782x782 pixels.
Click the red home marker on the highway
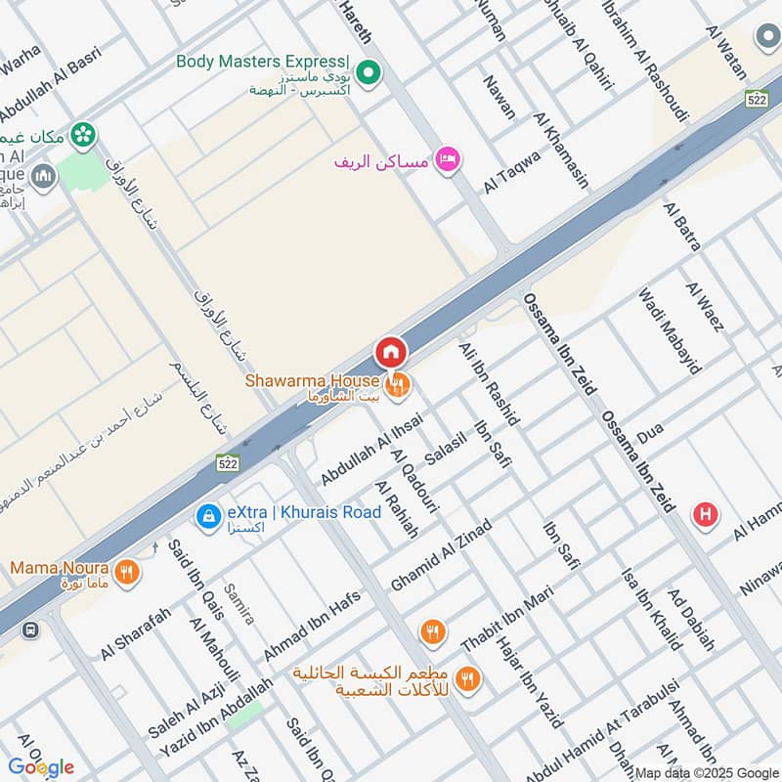(x=390, y=351)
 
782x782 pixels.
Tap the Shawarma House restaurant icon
(x=397, y=386)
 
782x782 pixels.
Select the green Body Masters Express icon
(x=369, y=71)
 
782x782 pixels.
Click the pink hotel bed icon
(x=448, y=159)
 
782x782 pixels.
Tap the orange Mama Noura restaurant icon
(x=125, y=573)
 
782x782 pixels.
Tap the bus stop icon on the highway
(x=30, y=630)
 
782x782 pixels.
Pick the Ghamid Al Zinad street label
(x=441, y=554)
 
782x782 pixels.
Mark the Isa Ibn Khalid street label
(x=651, y=609)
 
